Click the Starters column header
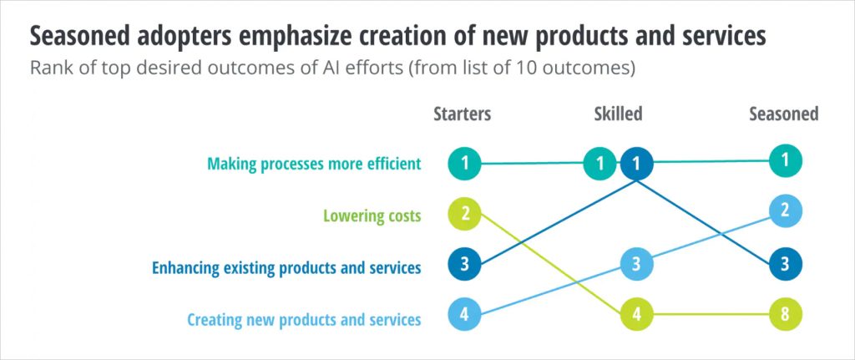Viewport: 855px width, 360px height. [462, 114]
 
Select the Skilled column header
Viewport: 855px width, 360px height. [617, 114]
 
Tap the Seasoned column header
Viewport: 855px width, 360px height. [783, 114]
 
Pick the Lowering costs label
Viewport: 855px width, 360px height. [372, 215]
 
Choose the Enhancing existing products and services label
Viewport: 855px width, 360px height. [286, 267]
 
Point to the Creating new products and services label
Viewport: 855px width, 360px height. [304, 319]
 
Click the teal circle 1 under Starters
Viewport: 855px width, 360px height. [464, 163]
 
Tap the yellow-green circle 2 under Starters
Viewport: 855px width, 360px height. [464, 215]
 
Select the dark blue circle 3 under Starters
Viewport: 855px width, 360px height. [464, 266]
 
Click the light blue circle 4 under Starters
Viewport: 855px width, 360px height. [464, 317]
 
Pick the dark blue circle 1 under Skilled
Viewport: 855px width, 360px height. [636, 164]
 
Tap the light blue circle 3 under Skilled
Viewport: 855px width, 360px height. [635, 266]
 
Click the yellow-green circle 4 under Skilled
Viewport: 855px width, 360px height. [635, 317]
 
